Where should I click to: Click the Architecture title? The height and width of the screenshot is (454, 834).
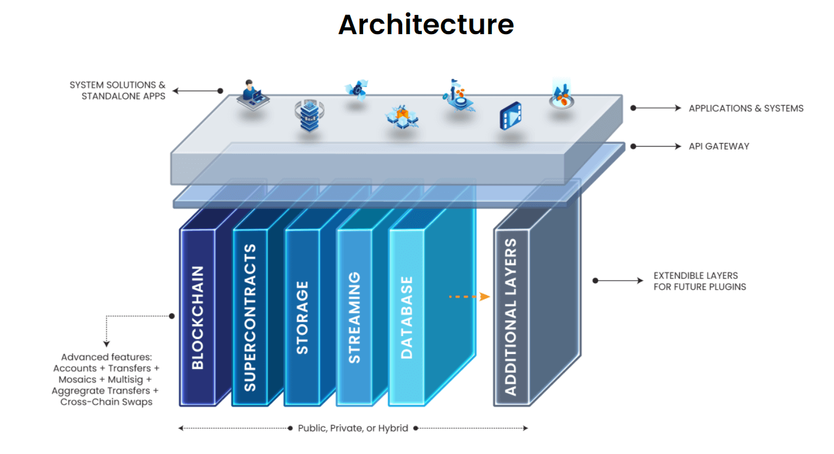point(426,25)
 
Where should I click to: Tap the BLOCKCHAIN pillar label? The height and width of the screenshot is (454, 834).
point(198,317)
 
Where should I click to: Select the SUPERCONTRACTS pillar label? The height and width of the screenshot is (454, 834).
point(250,317)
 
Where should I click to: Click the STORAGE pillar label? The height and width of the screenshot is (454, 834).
point(302,317)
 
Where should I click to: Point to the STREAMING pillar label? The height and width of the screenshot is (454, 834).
point(354,317)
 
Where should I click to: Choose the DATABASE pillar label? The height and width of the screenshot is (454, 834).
point(406,317)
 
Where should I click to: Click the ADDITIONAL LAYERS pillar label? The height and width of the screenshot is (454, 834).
point(511,317)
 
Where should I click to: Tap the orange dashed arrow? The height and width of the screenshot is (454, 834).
point(469,297)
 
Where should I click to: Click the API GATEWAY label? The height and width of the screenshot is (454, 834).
point(719,146)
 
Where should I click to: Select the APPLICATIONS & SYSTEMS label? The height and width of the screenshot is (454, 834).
point(746,108)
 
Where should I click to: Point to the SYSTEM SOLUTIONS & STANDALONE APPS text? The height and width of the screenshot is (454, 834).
point(118,91)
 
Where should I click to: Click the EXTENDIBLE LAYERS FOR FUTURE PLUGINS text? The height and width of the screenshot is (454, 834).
point(700,281)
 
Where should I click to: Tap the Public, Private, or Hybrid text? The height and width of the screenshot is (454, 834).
point(353,428)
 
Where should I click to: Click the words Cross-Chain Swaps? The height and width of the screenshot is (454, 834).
point(107,402)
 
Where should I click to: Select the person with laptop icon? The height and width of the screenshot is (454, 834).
point(253,95)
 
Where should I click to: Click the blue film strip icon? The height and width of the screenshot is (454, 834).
point(511,116)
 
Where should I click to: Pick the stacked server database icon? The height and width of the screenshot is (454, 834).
point(310,116)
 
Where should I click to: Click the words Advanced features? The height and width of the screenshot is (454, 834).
point(107,357)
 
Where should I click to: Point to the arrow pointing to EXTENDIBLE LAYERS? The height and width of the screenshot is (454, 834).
point(618,280)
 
